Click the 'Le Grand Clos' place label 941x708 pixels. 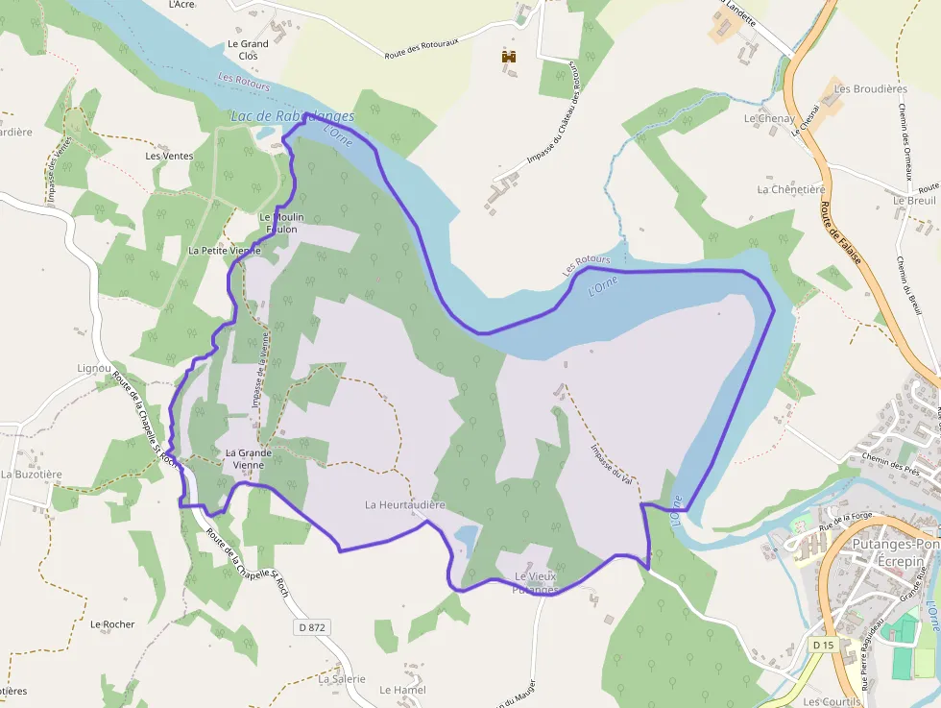click(248, 50)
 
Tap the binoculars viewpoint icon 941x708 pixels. click(509, 58)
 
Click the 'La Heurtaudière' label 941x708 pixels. click(405, 504)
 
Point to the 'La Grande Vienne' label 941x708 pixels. click(244, 458)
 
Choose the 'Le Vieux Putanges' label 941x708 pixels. click(535, 582)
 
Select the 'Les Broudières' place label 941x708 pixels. click(870, 89)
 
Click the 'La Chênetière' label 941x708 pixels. click(790, 189)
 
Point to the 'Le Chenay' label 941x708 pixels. click(769, 119)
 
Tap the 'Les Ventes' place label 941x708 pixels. click(169, 156)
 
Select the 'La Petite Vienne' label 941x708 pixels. click(225, 251)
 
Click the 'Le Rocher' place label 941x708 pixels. click(112, 624)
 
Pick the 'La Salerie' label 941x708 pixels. click(341, 678)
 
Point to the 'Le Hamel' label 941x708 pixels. click(402, 690)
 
